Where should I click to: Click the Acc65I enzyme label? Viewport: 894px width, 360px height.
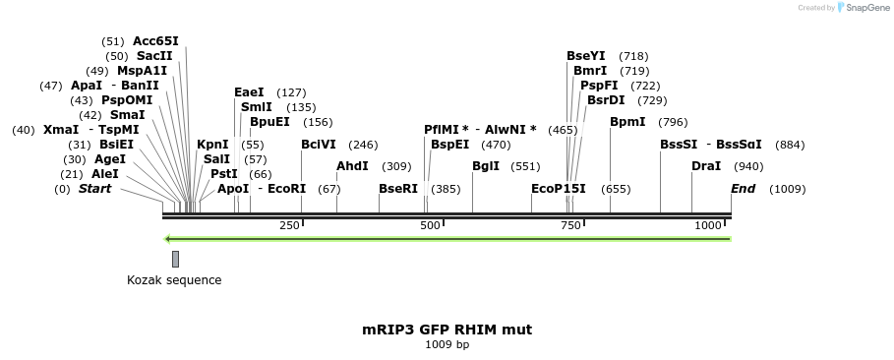click(x=155, y=41)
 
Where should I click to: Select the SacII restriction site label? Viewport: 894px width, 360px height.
click(x=154, y=56)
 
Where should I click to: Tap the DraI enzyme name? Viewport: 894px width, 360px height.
click(x=706, y=166)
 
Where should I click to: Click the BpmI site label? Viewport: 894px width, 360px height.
click(x=627, y=122)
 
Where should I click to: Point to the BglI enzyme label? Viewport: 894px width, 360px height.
click(x=486, y=166)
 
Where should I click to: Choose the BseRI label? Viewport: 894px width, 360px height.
click(x=398, y=188)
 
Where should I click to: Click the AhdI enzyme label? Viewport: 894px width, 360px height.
click(x=352, y=166)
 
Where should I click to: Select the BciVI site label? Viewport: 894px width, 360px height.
click(x=318, y=145)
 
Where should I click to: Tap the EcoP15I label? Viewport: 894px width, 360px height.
click(x=559, y=188)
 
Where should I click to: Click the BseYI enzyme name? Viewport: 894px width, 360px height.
click(x=586, y=56)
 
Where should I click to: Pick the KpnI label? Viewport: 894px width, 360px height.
click(x=212, y=145)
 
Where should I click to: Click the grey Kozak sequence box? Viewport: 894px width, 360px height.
click(x=175, y=259)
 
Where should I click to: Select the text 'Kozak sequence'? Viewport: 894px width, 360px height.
click(x=174, y=280)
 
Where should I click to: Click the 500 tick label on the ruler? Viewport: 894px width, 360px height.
click(x=430, y=226)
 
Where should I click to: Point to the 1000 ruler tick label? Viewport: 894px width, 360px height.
click(x=708, y=226)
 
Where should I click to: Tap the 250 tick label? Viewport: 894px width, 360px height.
click(x=289, y=226)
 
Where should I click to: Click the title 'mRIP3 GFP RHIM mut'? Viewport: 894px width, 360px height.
click(x=447, y=330)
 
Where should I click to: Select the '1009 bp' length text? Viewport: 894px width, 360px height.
click(x=447, y=345)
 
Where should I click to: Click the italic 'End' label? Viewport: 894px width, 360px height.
click(x=743, y=188)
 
